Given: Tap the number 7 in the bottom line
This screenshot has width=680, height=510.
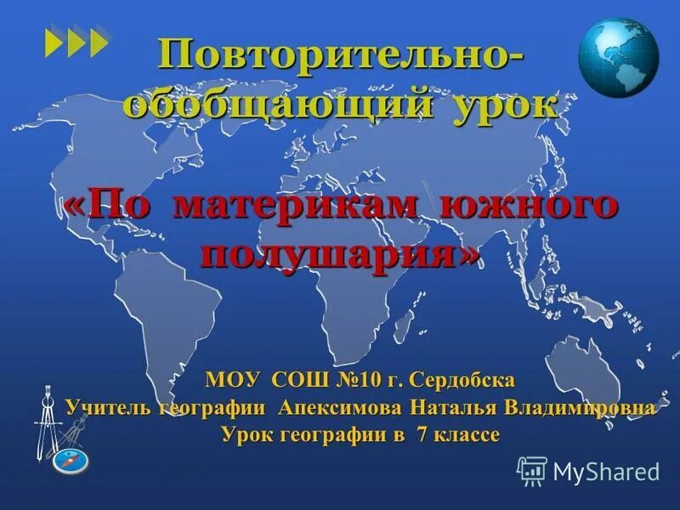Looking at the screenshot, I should coord(422,435).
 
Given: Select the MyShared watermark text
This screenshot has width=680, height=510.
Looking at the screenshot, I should coord(605,471).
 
